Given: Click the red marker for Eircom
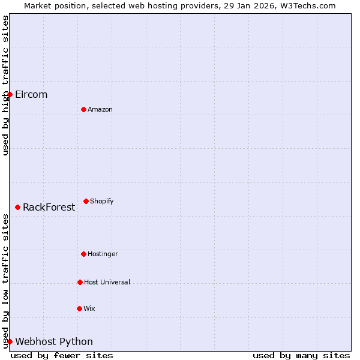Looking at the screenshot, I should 10,94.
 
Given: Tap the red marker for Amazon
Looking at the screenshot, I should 83,109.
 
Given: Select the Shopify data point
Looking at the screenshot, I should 86,201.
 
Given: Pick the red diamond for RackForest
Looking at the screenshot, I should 17,207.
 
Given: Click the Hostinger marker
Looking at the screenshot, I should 83,254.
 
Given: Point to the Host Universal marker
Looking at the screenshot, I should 80,282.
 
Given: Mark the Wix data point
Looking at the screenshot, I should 79,308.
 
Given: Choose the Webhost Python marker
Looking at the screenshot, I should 10,341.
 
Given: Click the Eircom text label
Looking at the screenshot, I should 31,95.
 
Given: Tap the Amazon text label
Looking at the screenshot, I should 100,109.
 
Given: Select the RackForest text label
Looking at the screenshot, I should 49,208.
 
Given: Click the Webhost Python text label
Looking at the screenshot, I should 54,342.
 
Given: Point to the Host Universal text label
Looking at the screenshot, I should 107,282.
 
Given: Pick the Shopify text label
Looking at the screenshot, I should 101,201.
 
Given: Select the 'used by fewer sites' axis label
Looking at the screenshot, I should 62,355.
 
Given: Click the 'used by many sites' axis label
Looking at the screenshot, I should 301,355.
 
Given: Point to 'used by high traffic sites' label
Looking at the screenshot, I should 5,85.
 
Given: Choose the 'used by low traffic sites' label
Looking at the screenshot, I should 5,281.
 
